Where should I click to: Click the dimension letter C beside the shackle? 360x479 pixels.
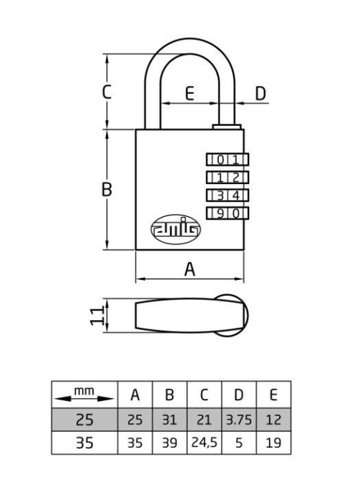107,92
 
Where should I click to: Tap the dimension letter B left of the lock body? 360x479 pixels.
107,189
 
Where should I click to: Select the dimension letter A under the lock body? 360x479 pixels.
190,269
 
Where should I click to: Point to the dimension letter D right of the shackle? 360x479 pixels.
261,94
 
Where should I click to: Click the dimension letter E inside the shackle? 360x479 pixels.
190,94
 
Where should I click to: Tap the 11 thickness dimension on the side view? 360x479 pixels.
97,316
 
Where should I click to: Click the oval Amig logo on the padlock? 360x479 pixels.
176,229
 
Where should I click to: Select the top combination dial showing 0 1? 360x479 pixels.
228,160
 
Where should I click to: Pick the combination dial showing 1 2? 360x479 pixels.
228,178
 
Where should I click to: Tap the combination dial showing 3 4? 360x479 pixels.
228,195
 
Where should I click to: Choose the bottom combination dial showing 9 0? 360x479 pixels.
228,213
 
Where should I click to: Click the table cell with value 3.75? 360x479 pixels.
239,420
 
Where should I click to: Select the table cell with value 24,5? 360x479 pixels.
204,442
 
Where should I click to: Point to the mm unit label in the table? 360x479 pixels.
84,391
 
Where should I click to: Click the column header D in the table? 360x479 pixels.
238,395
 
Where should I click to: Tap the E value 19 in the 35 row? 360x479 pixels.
273,442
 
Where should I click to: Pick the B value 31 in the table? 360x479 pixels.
170,420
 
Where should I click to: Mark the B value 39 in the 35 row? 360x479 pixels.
170,442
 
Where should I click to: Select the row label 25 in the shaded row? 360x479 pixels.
84,420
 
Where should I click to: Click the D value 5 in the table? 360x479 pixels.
239,442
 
